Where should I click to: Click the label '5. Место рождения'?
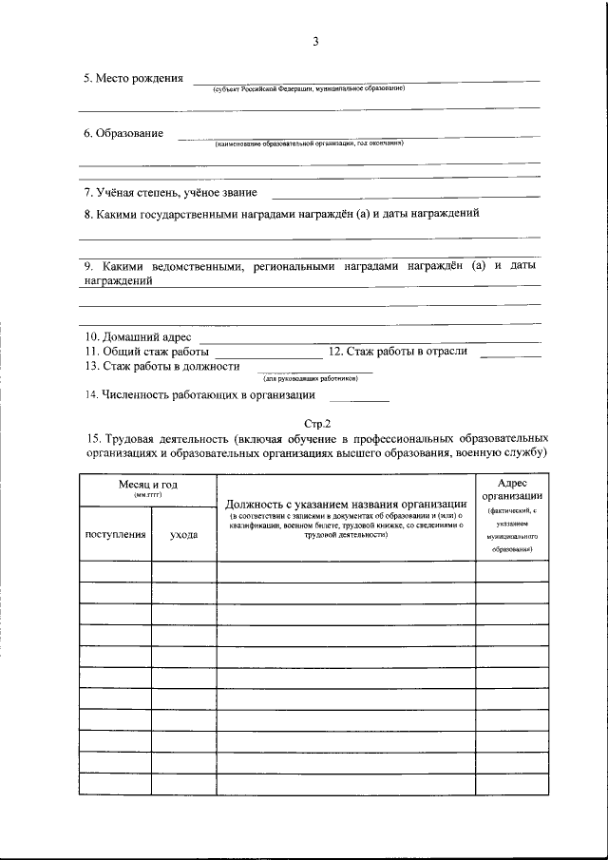tap(133, 78)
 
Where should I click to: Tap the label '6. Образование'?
tap(123, 134)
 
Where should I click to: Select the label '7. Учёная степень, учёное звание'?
tap(170, 192)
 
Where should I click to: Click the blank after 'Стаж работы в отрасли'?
tap(510, 353)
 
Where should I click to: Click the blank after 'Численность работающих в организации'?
tap(351, 396)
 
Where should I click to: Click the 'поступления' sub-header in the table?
tap(115, 535)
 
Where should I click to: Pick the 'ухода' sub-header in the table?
tap(184, 535)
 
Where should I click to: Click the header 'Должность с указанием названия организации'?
tap(345, 503)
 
